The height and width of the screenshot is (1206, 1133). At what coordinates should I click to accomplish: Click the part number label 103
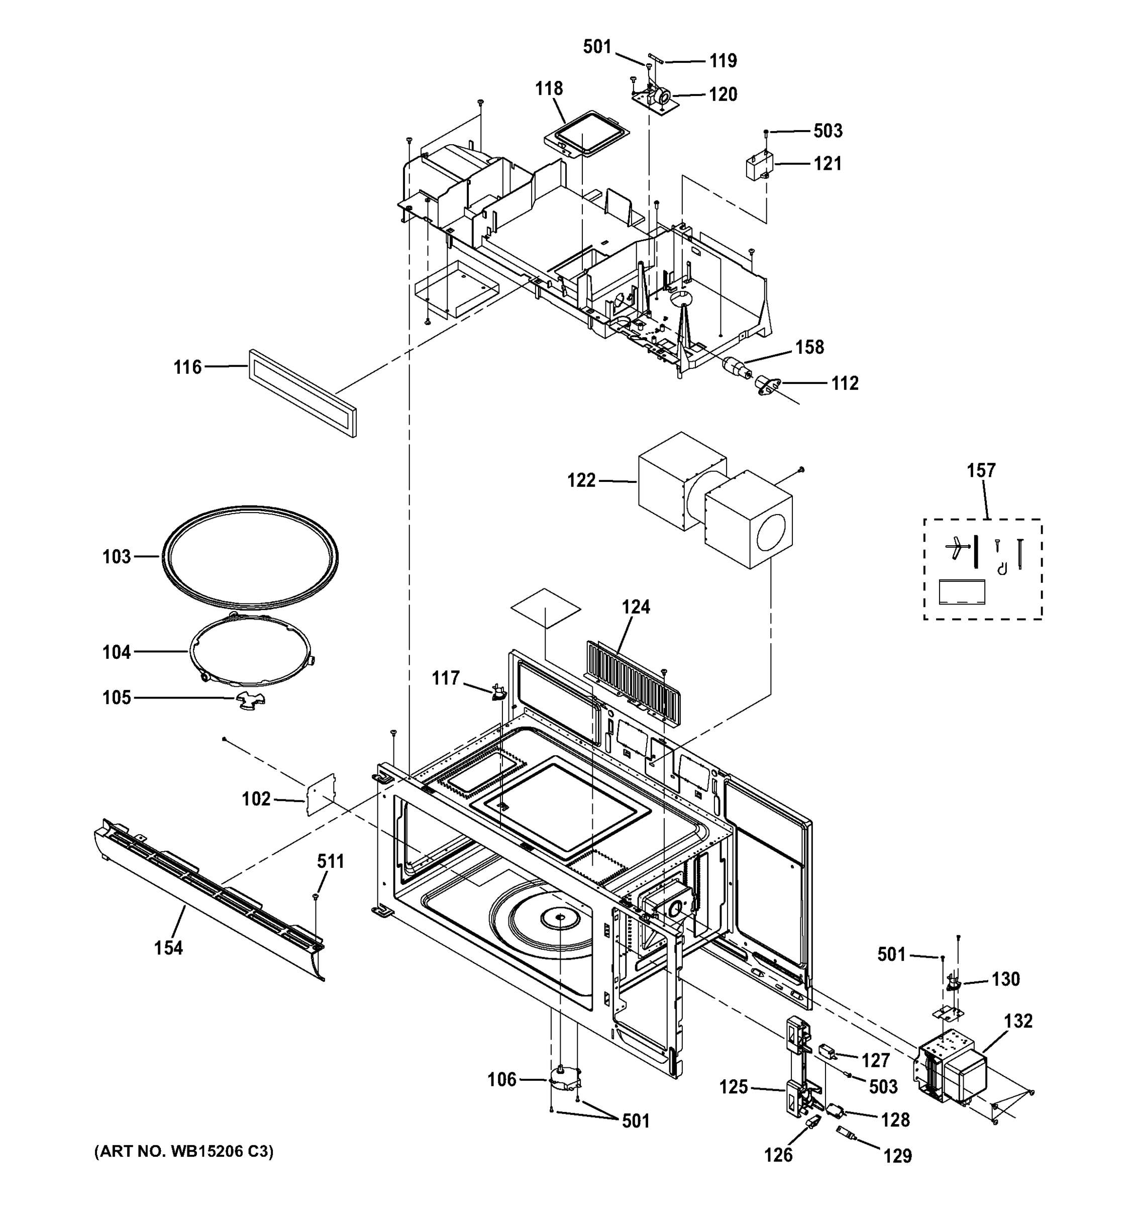click(x=117, y=556)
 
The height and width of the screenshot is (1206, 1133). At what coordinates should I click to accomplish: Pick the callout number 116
click(x=187, y=367)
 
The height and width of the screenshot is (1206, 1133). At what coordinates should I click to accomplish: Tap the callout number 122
click(x=581, y=481)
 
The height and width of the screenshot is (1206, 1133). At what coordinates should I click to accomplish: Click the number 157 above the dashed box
click(x=981, y=470)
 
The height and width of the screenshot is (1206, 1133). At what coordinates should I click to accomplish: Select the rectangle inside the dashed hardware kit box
click(x=961, y=592)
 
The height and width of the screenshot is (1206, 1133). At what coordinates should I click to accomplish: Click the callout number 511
click(x=331, y=861)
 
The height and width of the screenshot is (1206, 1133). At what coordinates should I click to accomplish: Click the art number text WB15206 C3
click(x=184, y=1151)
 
